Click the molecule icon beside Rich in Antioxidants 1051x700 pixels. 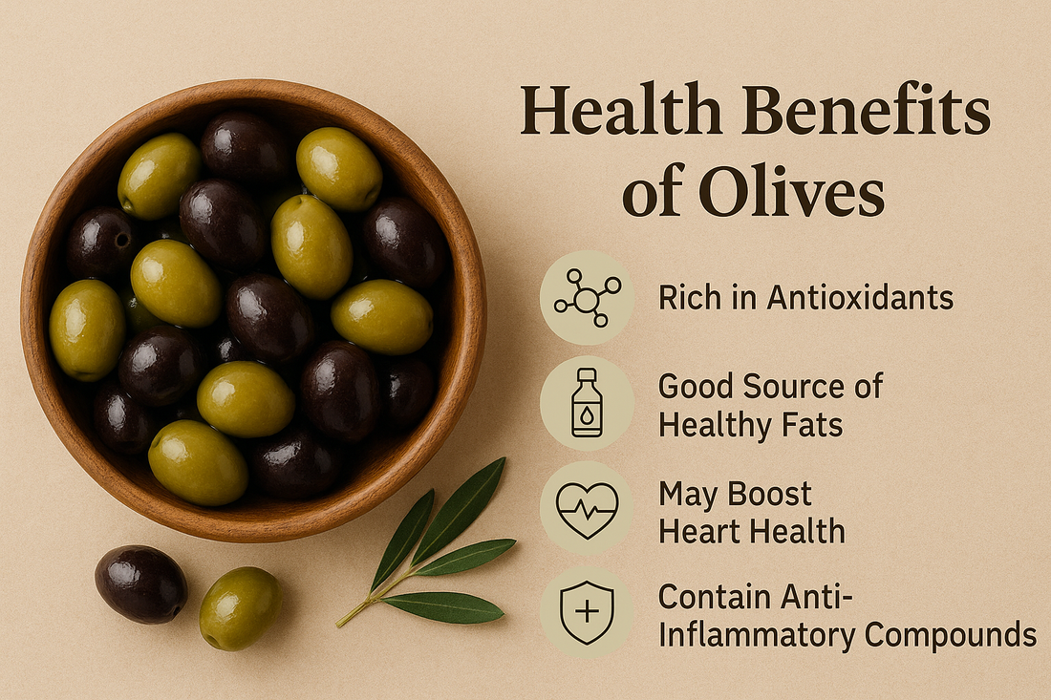[587, 297]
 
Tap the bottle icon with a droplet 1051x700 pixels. [587, 403]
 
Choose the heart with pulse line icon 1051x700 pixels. [587, 508]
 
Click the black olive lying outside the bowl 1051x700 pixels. [141, 583]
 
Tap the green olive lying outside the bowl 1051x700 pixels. [240, 607]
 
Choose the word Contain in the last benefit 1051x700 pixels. [717, 597]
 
